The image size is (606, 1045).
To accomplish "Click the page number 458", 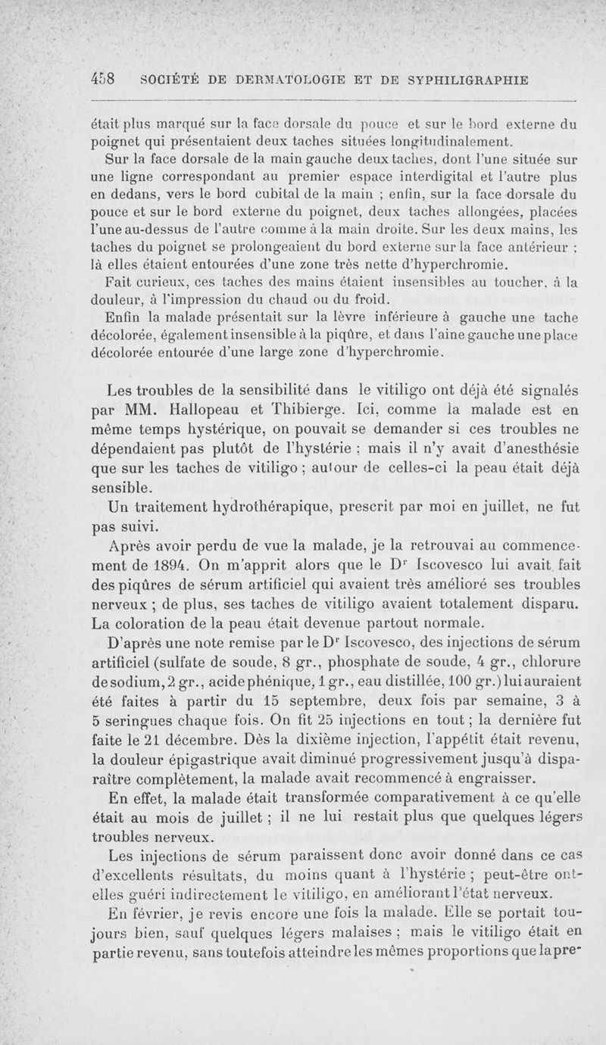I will (101, 80).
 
